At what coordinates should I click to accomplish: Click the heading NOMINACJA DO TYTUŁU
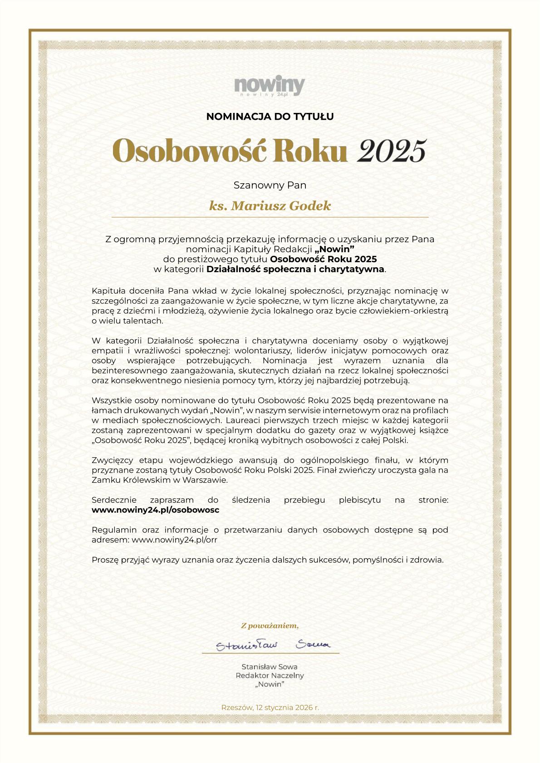(x=270, y=117)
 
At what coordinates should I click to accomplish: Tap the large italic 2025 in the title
(x=392, y=151)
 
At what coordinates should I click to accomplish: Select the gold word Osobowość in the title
(x=188, y=151)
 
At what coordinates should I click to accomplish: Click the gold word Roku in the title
(x=310, y=151)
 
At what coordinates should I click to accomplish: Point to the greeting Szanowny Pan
(x=270, y=186)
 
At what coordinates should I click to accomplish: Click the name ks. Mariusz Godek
(x=270, y=206)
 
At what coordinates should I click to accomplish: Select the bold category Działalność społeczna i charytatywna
(x=295, y=269)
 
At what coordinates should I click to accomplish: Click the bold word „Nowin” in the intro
(x=334, y=249)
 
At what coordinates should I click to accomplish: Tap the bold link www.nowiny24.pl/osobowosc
(x=155, y=510)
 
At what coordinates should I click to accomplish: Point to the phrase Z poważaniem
(x=270, y=626)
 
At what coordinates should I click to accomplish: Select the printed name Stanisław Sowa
(x=270, y=667)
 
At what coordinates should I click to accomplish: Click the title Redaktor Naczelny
(x=270, y=675)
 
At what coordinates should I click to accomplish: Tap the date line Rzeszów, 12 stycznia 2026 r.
(x=270, y=707)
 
